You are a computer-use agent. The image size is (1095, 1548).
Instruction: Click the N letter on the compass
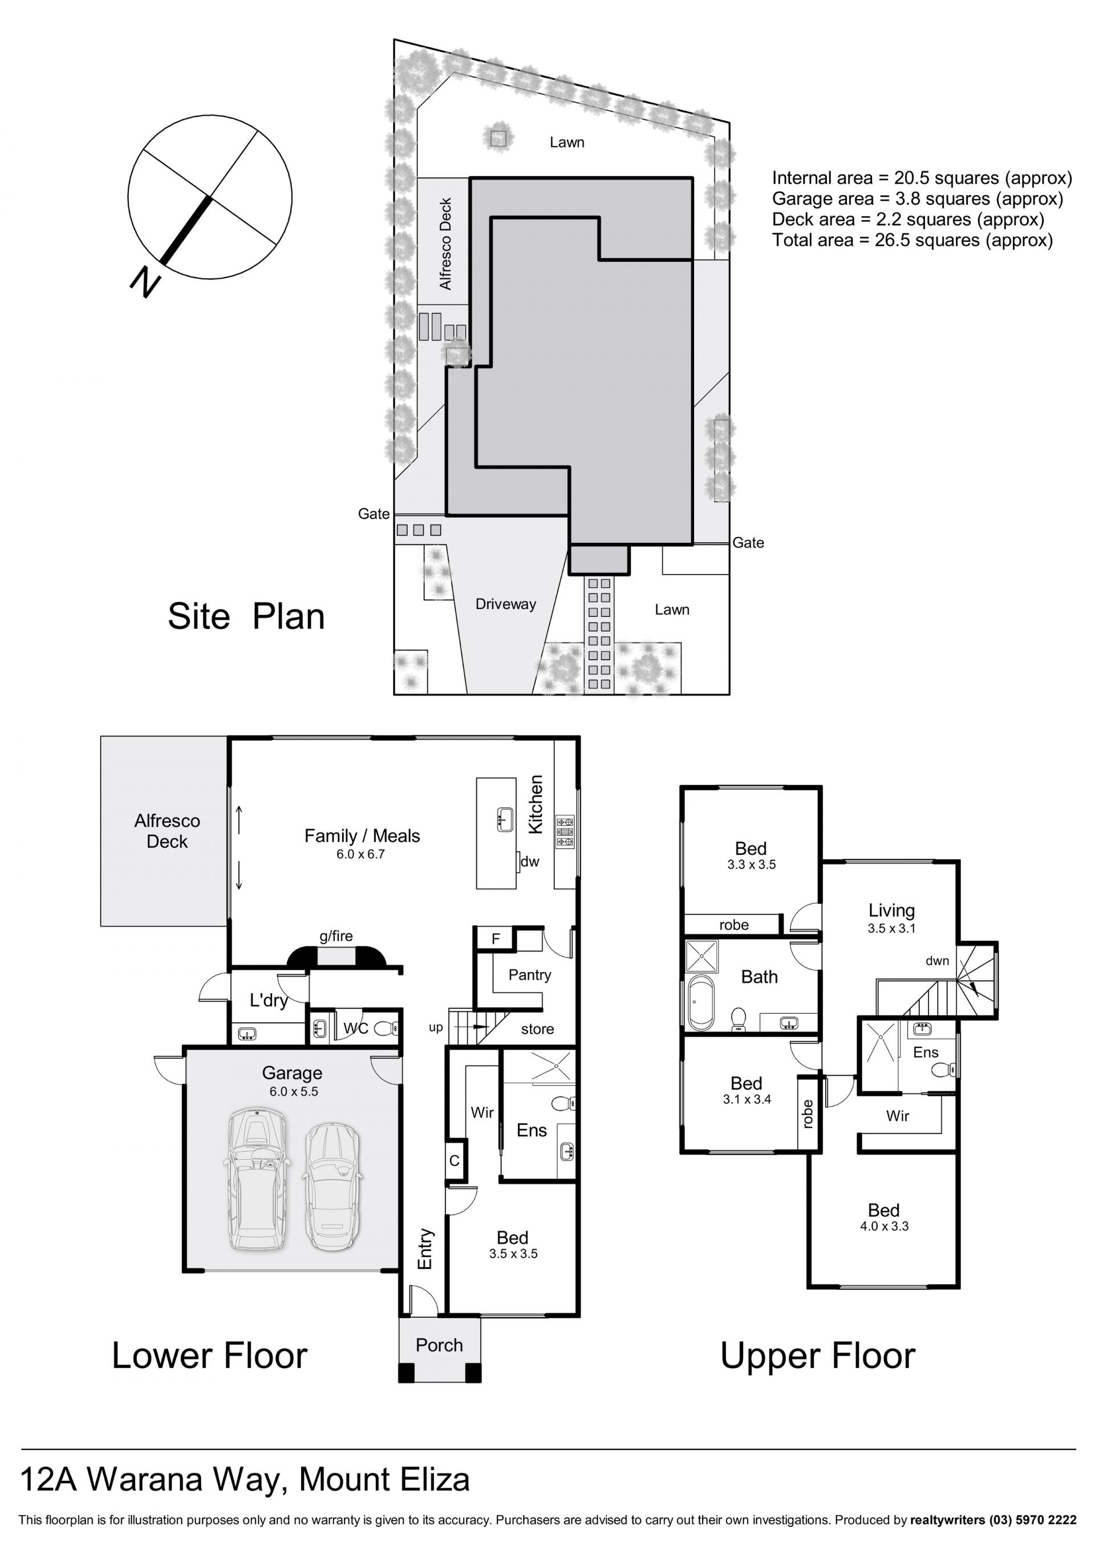[x=145, y=282]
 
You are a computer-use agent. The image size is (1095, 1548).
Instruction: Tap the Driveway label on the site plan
[x=506, y=604]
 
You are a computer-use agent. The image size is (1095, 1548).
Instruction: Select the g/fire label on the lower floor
[x=336, y=936]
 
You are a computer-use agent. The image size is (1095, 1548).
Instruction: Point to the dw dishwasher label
[x=530, y=861]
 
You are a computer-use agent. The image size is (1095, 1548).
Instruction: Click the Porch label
[x=439, y=1345]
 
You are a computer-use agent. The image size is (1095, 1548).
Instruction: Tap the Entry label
[x=425, y=1249]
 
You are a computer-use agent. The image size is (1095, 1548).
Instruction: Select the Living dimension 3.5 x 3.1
[x=891, y=928]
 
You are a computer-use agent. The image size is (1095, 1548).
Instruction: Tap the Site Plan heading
[x=246, y=616]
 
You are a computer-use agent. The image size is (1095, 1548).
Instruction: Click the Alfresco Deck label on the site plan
[x=445, y=243]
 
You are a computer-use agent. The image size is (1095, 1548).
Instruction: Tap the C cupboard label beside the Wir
[x=455, y=1160]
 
